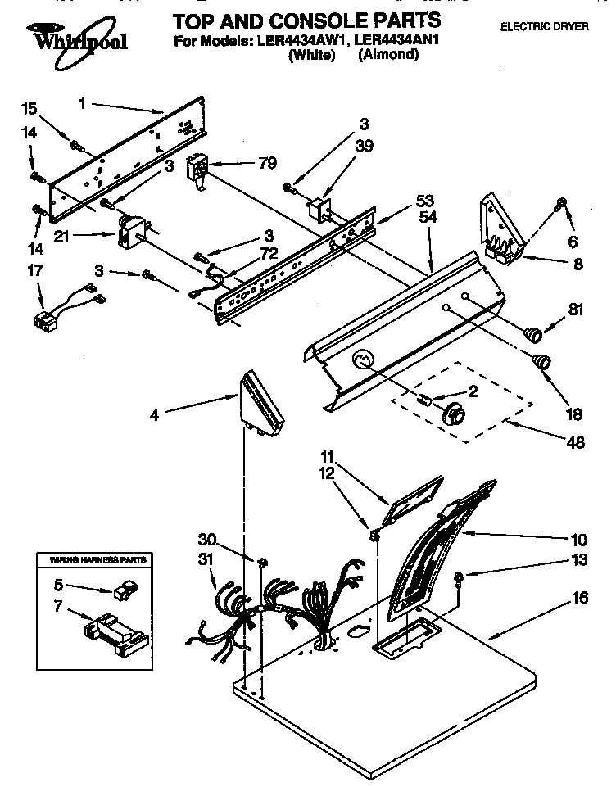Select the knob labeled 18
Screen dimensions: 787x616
tap(541, 360)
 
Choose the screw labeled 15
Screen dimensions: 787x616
tap(76, 147)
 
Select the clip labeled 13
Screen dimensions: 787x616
tap(460, 577)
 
